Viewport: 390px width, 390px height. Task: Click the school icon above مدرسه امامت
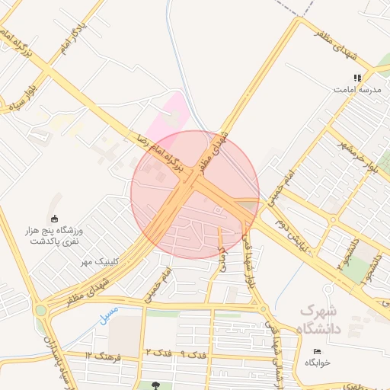point(356,78)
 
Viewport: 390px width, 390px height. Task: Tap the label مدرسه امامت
point(356,89)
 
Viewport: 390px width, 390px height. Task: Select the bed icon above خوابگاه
point(318,351)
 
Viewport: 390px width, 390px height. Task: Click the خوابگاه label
point(318,363)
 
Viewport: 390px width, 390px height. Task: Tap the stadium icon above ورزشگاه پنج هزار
point(53,219)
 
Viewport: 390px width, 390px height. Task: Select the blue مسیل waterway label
point(109,313)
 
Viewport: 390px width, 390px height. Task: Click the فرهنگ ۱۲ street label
point(104,355)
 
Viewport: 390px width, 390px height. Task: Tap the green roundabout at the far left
point(40,311)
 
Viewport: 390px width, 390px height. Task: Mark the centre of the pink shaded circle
point(195,194)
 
